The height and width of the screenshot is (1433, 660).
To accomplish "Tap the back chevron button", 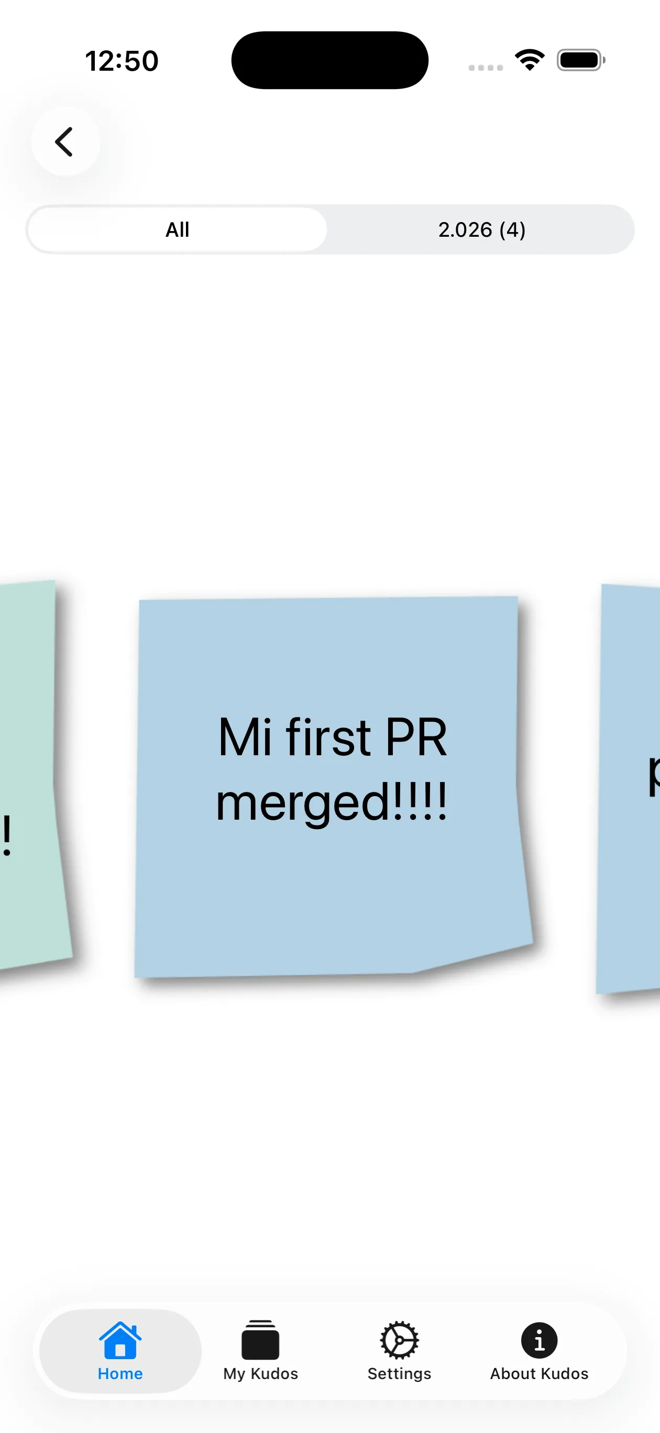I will pyautogui.click(x=65, y=142).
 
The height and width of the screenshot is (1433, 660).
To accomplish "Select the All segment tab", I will pyautogui.click(x=178, y=230).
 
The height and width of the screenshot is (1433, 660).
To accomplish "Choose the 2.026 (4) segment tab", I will pyautogui.click(x=481, y=230).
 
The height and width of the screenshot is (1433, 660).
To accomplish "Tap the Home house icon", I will pyautogui.click(x=120, y=1341).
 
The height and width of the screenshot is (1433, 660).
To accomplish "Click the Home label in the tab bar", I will pyautogui.click(x=120, y=1373).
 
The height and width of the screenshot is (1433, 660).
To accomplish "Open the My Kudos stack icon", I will pyautogui.click(x=260, y=1340).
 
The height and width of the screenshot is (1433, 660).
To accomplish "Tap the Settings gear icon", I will pyautogui.click(x=399, y=1340).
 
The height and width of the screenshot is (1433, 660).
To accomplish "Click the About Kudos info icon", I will pyautogui.click(x=538, y=1340).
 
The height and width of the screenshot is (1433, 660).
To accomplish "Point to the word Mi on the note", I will pyautogui.click(x=245, y=737).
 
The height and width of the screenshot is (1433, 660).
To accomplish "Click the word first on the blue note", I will pyautogui.click(x=328, y=737).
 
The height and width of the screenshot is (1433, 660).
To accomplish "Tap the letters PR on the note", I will pyautogui.click(x=416, y=737).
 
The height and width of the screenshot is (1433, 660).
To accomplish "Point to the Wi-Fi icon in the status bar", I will pyautogui.click(x=529, y=60).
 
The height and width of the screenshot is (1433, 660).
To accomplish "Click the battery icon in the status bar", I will pyautogui.click(x=580, y=60).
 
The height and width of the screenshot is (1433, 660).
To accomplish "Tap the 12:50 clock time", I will pyautogui.click(x=122, y=61).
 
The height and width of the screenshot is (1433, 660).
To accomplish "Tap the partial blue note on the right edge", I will pyautogui.click(x=629, y=790).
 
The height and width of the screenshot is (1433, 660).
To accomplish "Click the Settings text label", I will pyautogui.click(x=399, y=1373).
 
